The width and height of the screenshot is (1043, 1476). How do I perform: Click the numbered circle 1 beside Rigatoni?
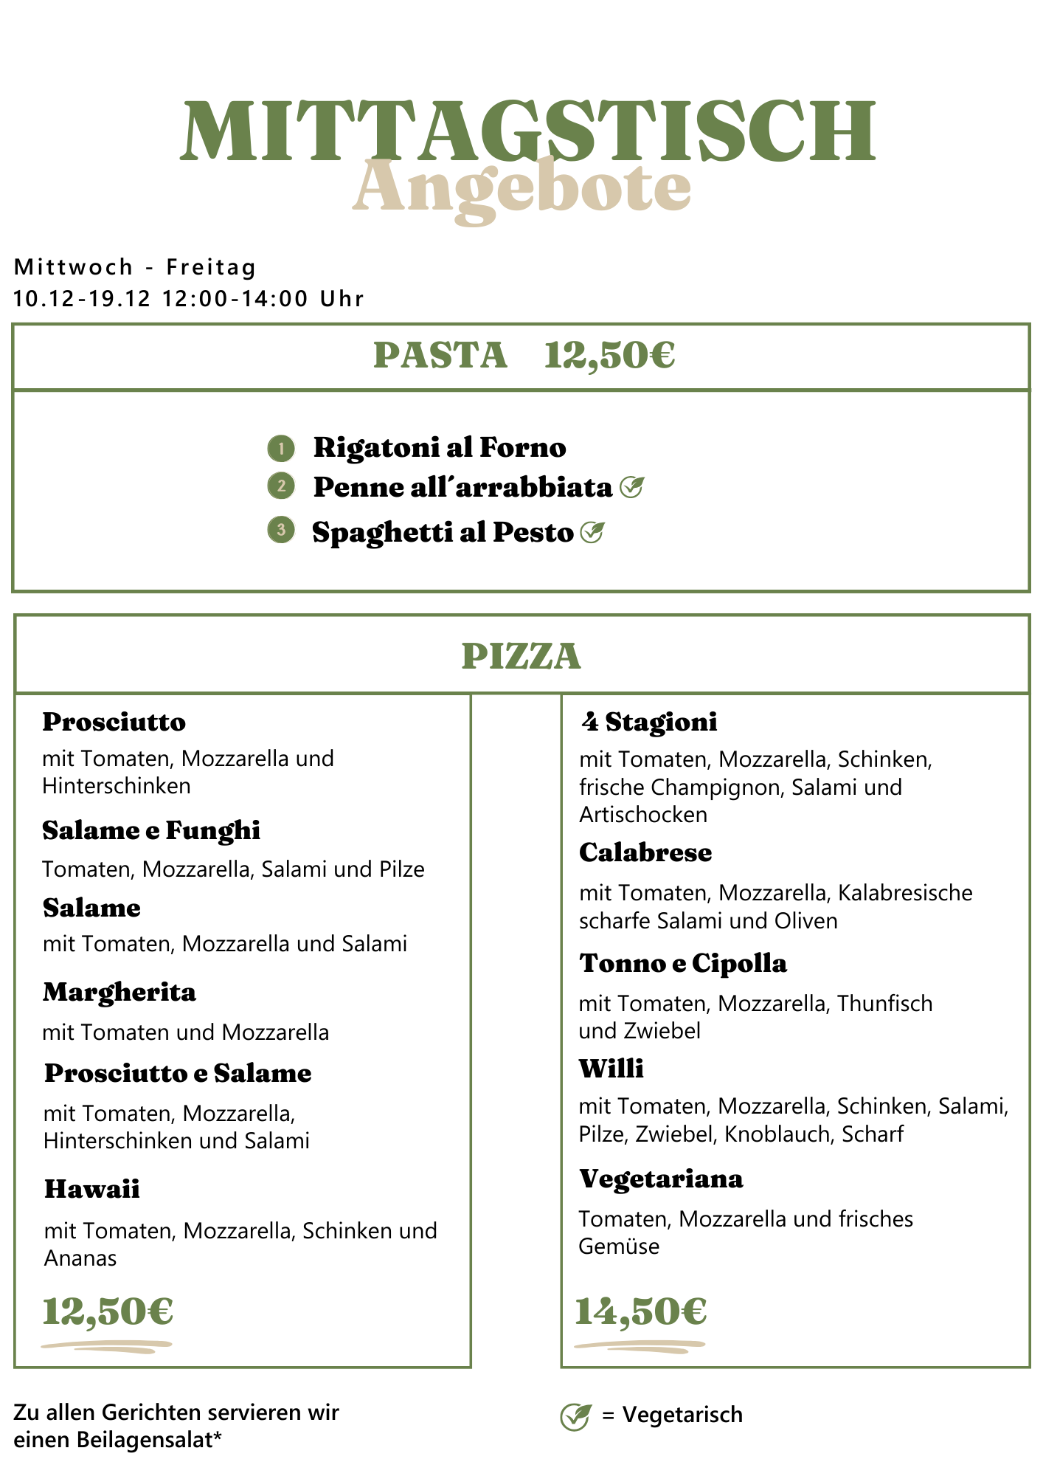(281, 448)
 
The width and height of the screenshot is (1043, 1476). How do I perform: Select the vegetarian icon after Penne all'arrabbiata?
(632, 487)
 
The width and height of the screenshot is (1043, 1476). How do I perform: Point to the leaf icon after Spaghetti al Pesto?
(592, 532)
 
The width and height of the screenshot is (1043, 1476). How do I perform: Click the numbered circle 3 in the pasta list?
(281, 530)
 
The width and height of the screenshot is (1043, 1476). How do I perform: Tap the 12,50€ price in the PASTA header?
(609, 356)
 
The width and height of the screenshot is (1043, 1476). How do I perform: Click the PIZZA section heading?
(521, 656)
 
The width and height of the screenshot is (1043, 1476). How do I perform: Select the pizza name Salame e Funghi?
(151, 831)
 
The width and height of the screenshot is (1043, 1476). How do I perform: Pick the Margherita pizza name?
(119, 993)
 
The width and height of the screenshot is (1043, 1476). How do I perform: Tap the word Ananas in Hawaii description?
(80, 1258)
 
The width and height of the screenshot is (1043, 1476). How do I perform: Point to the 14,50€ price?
(640, 1312)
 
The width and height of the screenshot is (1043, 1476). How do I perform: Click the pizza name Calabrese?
(645, 853)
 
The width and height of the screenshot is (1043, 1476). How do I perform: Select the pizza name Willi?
(611, 1069)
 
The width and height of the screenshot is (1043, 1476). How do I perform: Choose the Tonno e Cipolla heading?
(683, 964)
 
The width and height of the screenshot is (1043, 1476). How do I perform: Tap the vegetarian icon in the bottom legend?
(575, 1416)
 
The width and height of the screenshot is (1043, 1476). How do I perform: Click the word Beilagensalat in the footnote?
(155, 1440)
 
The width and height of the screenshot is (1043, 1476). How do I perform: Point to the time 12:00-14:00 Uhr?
(263, 299)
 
